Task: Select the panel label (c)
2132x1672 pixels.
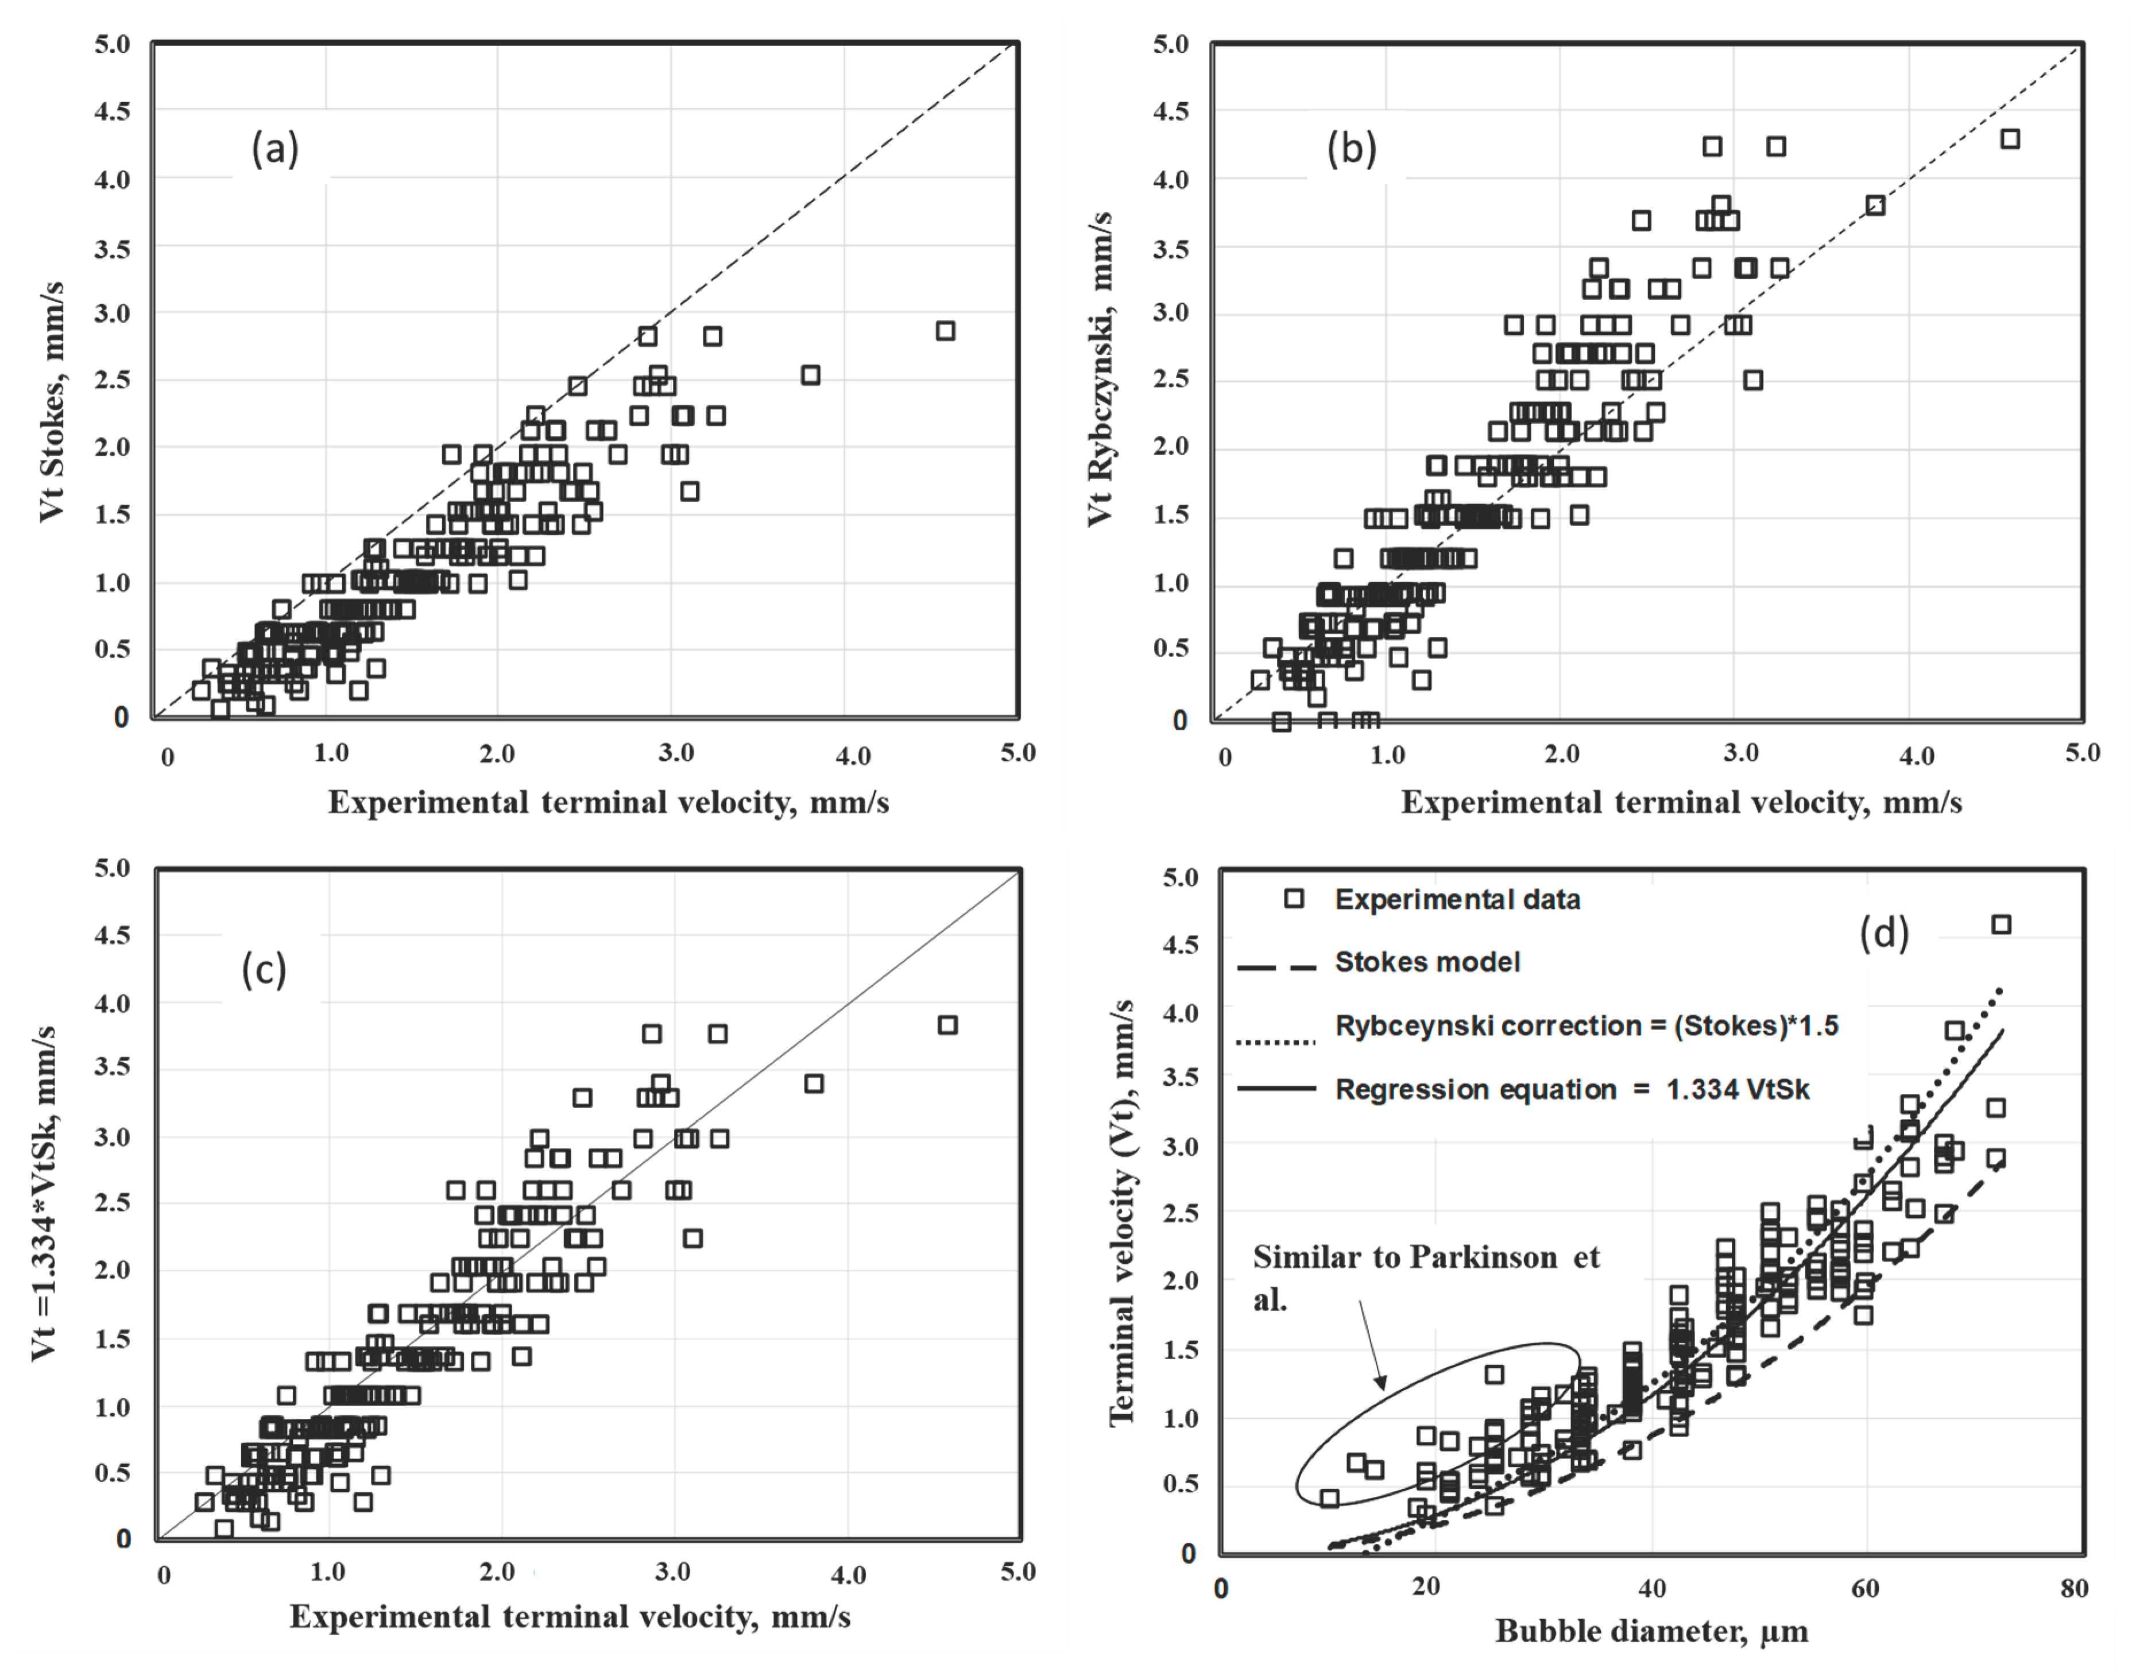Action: click(x=264, y=970)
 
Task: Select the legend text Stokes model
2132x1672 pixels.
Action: click(x=1427, y=962)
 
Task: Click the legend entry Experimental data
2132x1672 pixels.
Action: click(x=1457, y=900)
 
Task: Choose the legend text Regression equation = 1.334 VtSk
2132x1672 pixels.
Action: click(x=1572, y=1090)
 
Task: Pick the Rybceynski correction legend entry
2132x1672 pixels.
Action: click(x=1586, y=1026)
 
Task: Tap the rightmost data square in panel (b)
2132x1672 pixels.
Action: click(x=2010, y=139)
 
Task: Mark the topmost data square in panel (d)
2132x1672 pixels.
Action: click(x=2001, y=924)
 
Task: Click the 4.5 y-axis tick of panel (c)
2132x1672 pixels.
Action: click(x=111, y=935)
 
